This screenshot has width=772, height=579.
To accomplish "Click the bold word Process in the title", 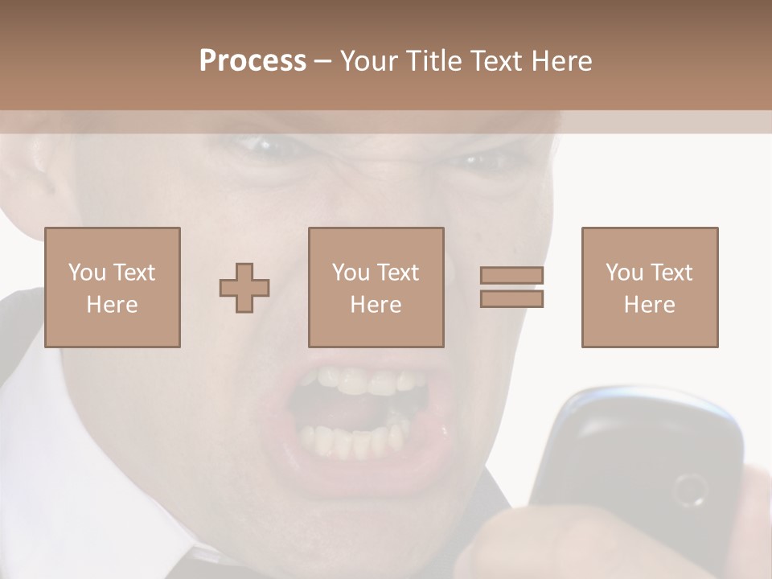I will tap(253, 61).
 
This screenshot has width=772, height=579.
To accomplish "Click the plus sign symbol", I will tap(244, 287).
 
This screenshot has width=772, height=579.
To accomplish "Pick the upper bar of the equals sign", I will tap(511, 275).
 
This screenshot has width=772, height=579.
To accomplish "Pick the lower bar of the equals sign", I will tap(511, 298).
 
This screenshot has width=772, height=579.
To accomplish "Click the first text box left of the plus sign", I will tap(112, 287).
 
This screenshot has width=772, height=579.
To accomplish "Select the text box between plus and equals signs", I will tap(376, 287).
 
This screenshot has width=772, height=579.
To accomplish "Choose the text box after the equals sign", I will tap(649, 287).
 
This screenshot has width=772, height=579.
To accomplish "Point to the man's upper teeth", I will tap(366, 380).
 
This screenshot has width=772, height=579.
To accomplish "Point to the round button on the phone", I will tap(689, 489).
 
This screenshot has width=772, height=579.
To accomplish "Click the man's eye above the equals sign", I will tap(482, 161).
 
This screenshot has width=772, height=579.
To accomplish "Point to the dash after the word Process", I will tap(322, 61).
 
